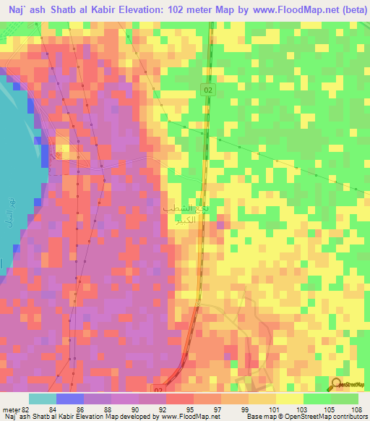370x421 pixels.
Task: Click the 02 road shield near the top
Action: (208, 88)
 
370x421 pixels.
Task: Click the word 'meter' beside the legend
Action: (10, 409)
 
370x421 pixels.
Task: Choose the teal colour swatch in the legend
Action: (42, 399)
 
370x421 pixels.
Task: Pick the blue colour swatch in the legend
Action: (70, 399)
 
